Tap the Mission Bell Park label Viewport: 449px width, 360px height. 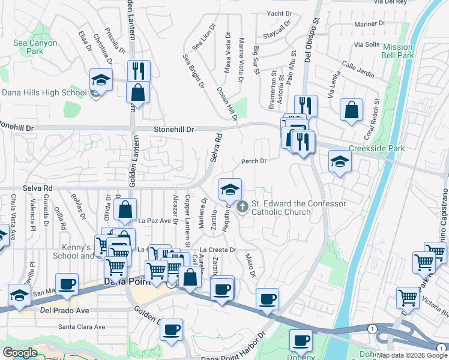398,51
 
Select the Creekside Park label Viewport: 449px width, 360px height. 376,148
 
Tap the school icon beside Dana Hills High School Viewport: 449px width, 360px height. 101,80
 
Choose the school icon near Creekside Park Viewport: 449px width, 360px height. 340,162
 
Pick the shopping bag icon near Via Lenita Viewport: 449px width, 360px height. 351,110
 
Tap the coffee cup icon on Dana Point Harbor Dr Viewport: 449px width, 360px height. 300,341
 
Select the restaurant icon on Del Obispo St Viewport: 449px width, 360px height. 306,106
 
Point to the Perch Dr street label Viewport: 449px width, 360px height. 253,161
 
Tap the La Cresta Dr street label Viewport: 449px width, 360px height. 218,249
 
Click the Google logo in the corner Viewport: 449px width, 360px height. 20,353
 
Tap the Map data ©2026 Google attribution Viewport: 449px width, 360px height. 412,355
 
